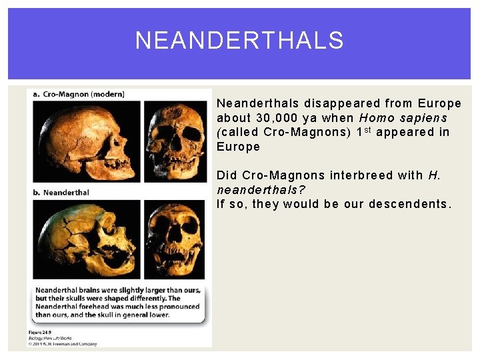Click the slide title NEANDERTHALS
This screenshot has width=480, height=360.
pos(239,41)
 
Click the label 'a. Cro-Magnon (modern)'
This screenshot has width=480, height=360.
pos(79,94)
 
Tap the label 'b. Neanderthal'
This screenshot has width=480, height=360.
pos(61,193)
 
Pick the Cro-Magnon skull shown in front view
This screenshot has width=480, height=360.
pos(175,141)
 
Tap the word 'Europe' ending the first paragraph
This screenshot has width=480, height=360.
pos(238,147)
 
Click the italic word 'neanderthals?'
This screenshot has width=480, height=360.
pos(261,190)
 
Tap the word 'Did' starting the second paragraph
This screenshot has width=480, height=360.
pos(227,175)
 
